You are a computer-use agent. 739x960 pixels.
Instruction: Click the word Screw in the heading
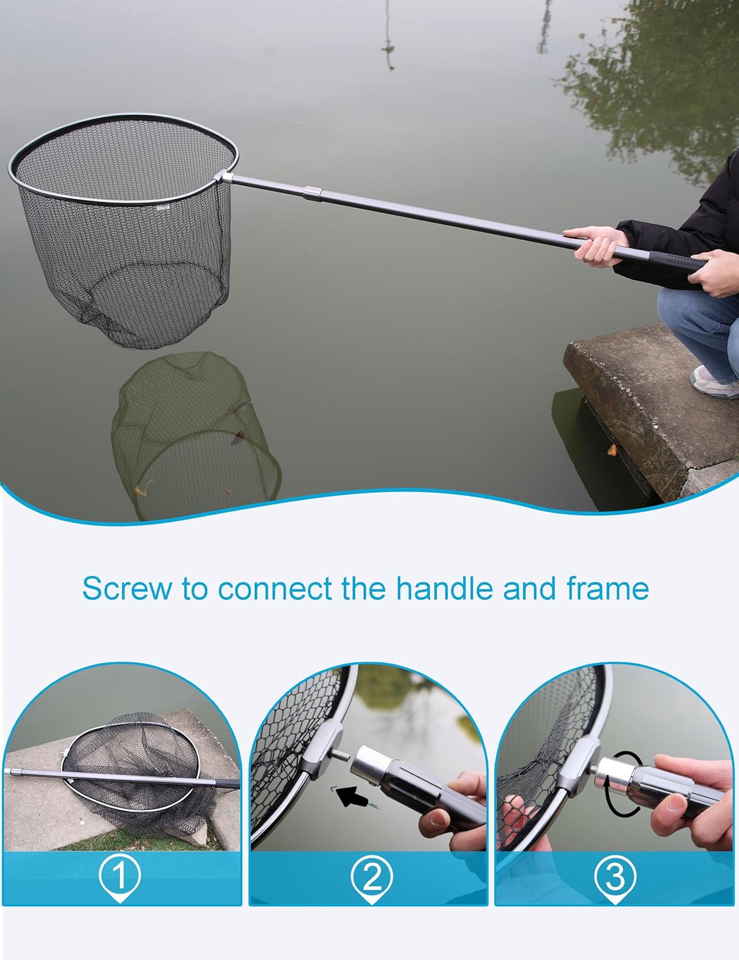pyautogui.click(x=127, y=589)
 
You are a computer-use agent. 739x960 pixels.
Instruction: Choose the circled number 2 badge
pyautogui.click(x=372, y=876)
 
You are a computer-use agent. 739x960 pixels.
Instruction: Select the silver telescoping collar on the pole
pyautogui.click(x=313, y=194)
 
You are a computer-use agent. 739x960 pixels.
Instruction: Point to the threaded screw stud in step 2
pyautogui.click(x=344, y=756)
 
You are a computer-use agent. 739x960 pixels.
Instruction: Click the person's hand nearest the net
pyautogui.click(x=597, y=246)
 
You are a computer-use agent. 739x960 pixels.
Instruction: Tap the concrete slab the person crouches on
pyautogui.click(x=650, y=411)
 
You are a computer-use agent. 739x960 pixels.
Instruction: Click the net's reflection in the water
pyautogui.click(x=195, y=433)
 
